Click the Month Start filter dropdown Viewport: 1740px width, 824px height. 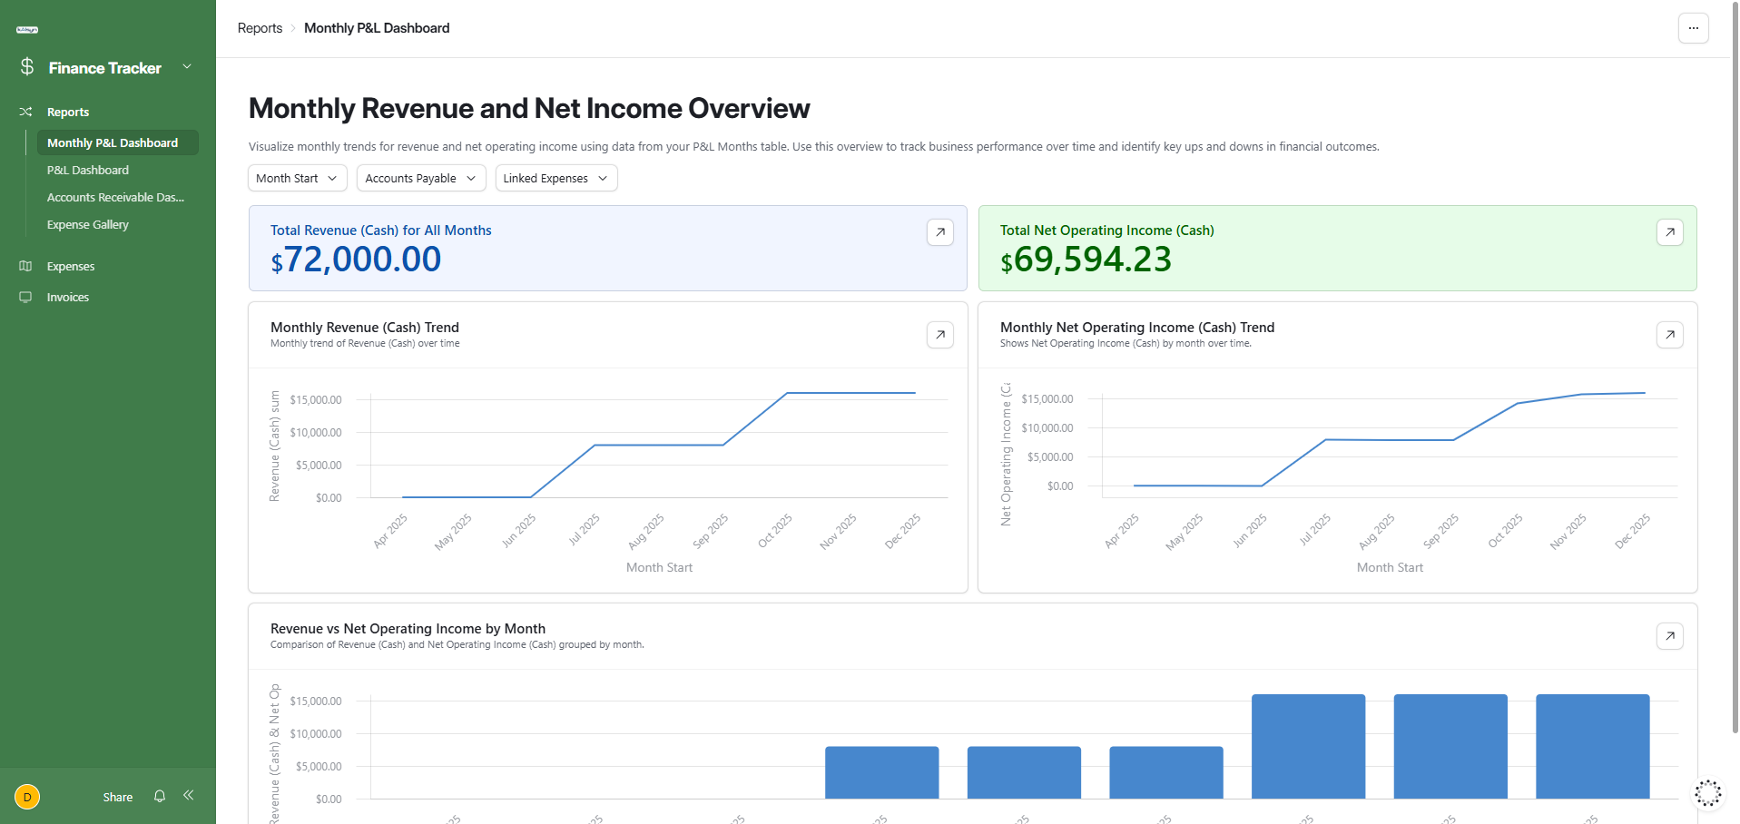pyautogui.click(x=297, y=178)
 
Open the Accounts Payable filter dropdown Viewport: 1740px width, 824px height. pyautogui.click(x=420, y=178)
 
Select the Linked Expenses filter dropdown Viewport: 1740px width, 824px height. pyautogui.click(x=555, y=178)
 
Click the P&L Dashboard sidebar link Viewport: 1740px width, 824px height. pyautogui.click(x=88, y=170)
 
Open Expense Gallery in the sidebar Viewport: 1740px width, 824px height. pyautogui.click(x=88, y=224)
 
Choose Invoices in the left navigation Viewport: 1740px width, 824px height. pyautogui.click(x=68, y=297)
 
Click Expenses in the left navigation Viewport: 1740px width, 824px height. pyautogui.click(x=71, y=266)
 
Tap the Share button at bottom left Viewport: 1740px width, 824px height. pyautogui.click(x=118, y=797)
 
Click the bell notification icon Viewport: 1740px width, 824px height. pyautogui.click(x=160, y=796)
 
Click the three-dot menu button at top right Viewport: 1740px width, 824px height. pyautogui.click(x=1693, y=28)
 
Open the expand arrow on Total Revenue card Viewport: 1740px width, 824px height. pyautogui.click(x=940, y=232)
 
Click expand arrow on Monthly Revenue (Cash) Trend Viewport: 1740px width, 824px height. pyautogui.click(x=940, y=335)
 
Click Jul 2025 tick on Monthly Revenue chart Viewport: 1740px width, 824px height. pyautogui.click(x=585, y=530)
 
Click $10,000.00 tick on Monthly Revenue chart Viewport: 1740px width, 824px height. pyautogui.click(x=316, y=432)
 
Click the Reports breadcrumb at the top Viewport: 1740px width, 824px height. pyautogui.click(x=260, y=28)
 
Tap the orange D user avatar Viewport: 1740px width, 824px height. pyautogui.click(x=27, y=797)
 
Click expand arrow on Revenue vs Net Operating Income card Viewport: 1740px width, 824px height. pyautogui.click(x=1669, y=636)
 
